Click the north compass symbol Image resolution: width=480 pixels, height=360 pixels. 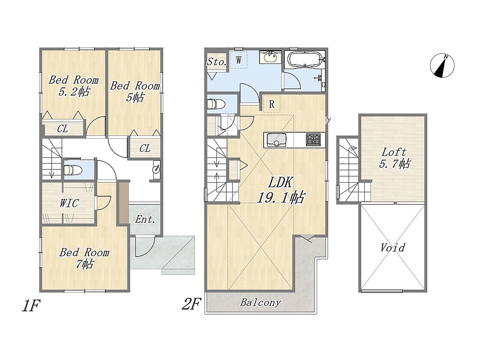[442, 66]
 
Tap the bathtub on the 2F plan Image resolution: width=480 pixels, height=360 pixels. [305, 58]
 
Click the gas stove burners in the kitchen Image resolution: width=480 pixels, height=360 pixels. [313, 139]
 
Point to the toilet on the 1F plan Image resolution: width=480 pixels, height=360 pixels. [72, 170]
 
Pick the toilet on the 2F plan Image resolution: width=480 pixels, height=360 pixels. [216, 104]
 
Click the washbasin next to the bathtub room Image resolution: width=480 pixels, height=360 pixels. [270, 57]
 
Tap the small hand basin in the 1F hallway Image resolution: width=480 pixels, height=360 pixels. [157, 169]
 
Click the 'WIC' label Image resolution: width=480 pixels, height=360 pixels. [69, 203]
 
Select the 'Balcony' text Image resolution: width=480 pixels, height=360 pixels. [260, 302]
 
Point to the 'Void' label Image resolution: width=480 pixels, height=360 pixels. [393, 247]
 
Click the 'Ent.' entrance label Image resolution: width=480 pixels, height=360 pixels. [145, 219]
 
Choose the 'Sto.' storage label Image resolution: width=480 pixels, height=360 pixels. [216, 62]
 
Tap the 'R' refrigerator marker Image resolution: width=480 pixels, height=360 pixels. [272, 104]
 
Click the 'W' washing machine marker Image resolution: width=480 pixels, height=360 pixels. [239, 60]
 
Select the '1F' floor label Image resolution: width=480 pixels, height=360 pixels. [31, 306]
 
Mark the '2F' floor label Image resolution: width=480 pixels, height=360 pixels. [191, 304]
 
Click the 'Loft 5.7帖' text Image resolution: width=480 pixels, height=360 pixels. [394, 158]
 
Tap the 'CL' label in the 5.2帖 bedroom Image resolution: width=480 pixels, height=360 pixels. [63, 129]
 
